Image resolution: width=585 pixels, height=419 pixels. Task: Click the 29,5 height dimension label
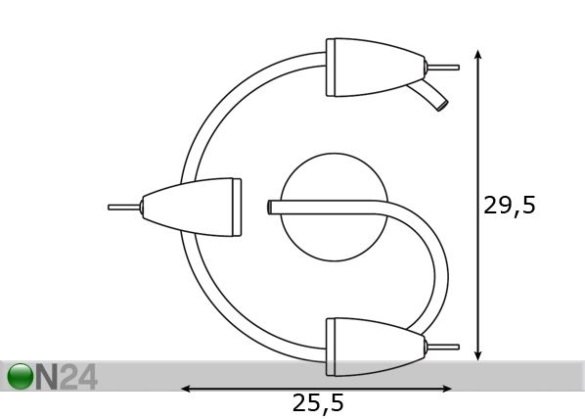(510, 206)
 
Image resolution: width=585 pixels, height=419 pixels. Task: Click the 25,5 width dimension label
(318, 403)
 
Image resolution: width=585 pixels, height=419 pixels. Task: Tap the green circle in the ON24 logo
(20, 377)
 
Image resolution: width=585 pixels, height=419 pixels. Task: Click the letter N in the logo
(47, 377)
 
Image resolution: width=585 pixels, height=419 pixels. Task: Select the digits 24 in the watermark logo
(78, 377)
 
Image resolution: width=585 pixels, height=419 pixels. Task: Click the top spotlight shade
(376, 68)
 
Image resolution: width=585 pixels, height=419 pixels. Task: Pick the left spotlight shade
(192, 208)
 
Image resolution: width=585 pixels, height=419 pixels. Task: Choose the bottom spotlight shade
(376, 347)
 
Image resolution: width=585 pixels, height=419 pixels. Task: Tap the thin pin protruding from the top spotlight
(443, 68)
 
